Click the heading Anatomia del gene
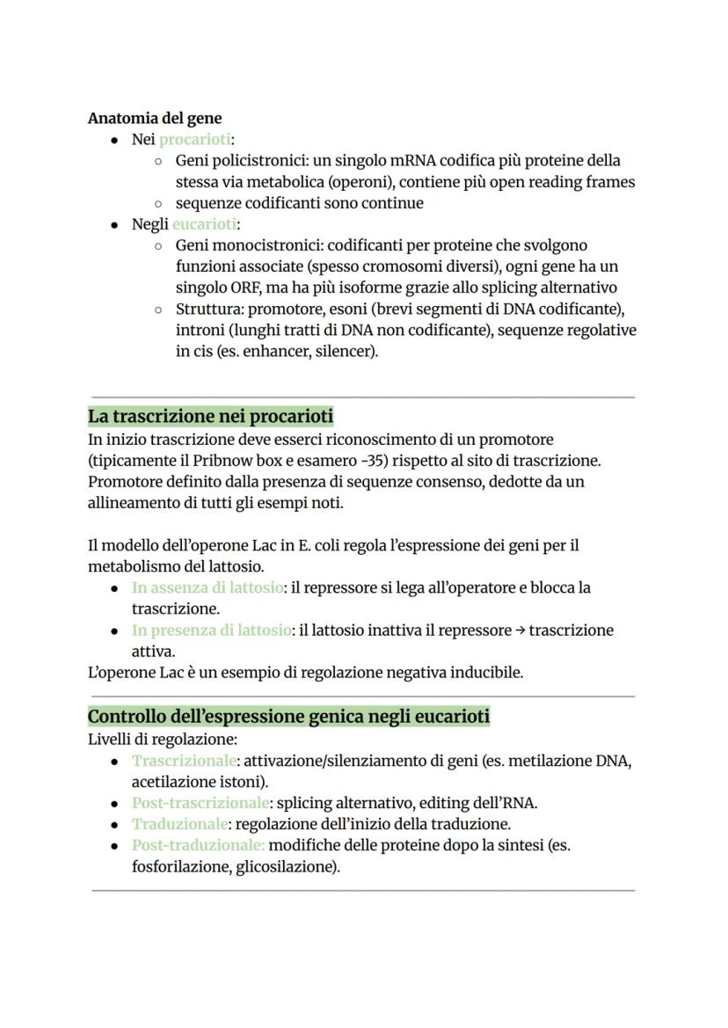pyautogui.click(x=155, y=118)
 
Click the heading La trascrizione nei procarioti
pyautogui.click(x=210, y=415)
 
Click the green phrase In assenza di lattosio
pyautogui.click(x=207, y=587)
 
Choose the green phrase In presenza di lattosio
pyautogui.click(x=211, y=630)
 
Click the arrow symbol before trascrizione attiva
pyautogui.click(x=521, y=630)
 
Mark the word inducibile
pyautogui.click(x=488, y=673)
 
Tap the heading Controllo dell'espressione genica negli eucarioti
pyautogui.click(x=288, y=717)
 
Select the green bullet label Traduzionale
pyautogui.click(x=179, y=824)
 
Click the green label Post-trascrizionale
pyautogui.click(x=200, y=803)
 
